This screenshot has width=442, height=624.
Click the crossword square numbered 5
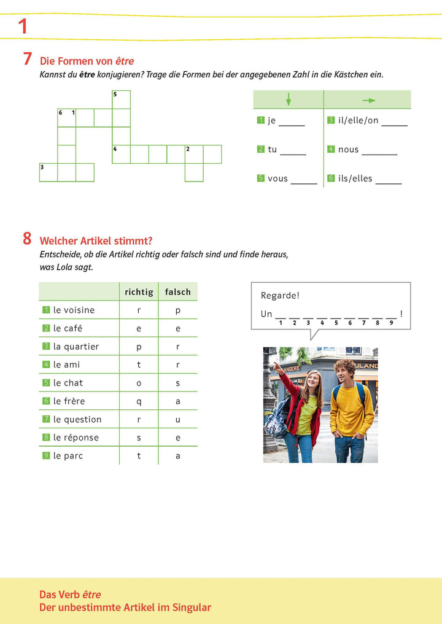pyautogui.click(x=121, y=99)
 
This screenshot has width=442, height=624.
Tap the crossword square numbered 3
pyautogui.click(x=48, y=172)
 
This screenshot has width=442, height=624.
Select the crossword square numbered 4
pyautogui.click(x=121, y=154)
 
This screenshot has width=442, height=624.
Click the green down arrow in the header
pyautogui.click(x=289, y=99)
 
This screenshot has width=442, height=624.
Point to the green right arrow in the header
pyautogui.click(x=368, y=100)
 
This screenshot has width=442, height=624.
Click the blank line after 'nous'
pyautogui.click(x=383, y=150)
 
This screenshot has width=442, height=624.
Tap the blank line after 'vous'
pyautogui.click(x=304, y=180)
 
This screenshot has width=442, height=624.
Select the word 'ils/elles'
pyautogui.click(x=355, y=179)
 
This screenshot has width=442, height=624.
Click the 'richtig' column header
pyautogui.click(x=139, y=292)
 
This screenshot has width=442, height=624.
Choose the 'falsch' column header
pyautogui.click(x=178, y=292)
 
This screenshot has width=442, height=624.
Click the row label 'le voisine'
pyautogui.click(x=74, y=310)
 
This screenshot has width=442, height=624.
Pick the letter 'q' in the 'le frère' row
pyautogui.click(x=139, y=401)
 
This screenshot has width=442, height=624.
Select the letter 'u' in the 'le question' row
pyautogui.click(x=178, y=420)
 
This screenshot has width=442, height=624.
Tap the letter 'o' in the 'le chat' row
pyautogui.click(x=139, y=383)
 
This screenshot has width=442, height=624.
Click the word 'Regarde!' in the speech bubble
pyautogui.click(x=280, y=296)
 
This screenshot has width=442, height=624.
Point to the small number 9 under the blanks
pyautogui.click(x=391, y=323)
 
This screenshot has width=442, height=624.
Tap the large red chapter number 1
pyautogui.click(x=23, y=26)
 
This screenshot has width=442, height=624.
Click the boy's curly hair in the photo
pyautogui.click(x=345, y=366)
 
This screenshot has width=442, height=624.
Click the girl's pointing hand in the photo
pyautogui.click(x=277, y=366)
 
